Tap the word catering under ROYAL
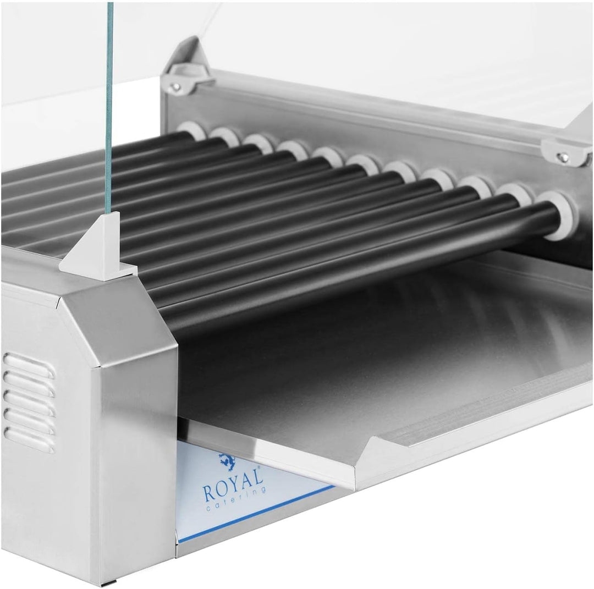coord(235,499)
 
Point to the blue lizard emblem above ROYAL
coord(228,461)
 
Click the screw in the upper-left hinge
coord(175,87)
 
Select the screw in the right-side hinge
coord(563,156)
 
